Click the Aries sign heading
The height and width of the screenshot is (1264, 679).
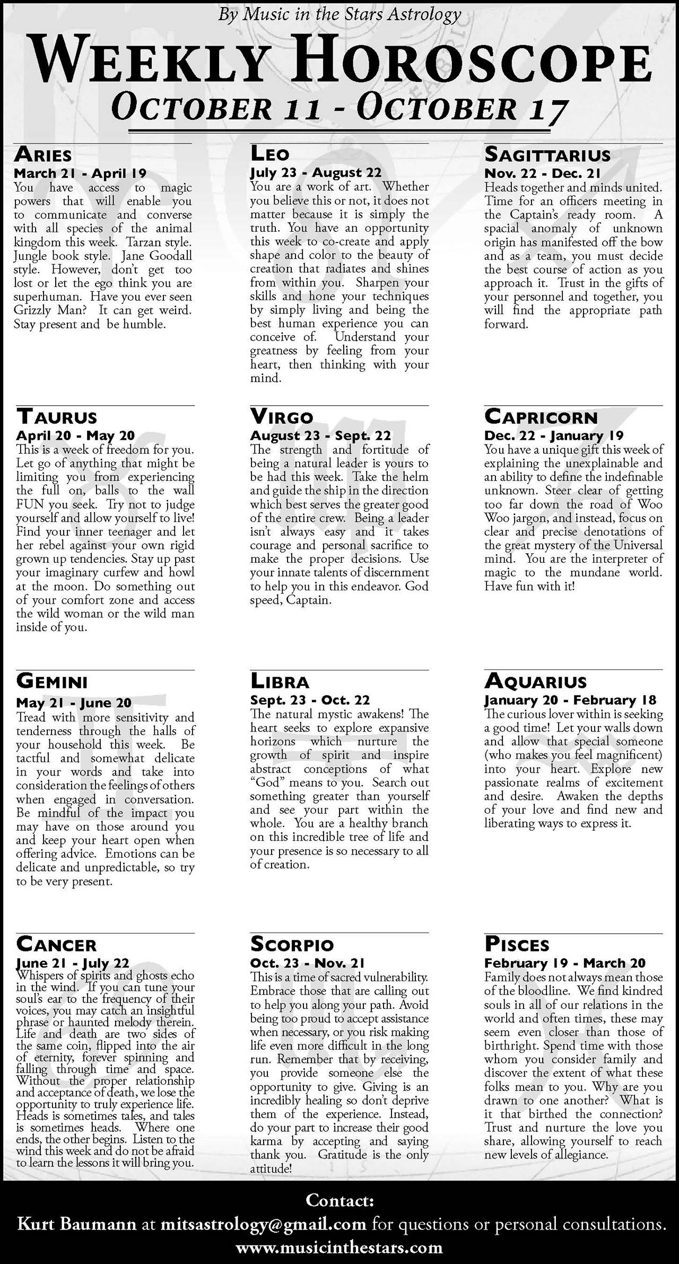pyautogui.click(x=43, y=154)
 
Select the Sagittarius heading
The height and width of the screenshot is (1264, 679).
pyautogui.click(x=547, y=155)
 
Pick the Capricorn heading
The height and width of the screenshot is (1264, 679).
pyautogui.click(x=541, y=417)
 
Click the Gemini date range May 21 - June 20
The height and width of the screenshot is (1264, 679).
pyautogui.click(x=74, y=703)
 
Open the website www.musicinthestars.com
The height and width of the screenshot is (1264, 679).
pyautogui.click(x=339, y=1246)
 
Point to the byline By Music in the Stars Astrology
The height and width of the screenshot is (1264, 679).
pyautogui.click(x=339, y=15)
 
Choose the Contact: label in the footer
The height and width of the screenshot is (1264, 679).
pyautogui.click(x=339, y=1201)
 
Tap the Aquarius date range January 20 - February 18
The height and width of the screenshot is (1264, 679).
pyautogui.click(x=570, y=700)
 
